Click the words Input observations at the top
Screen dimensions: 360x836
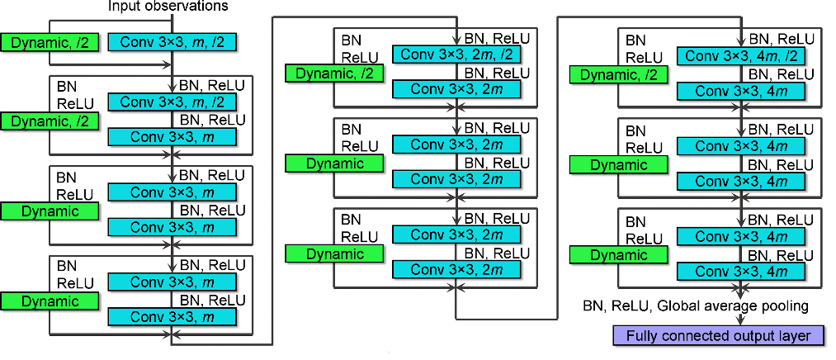(168, 7)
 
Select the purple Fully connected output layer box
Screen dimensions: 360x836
(718, 335)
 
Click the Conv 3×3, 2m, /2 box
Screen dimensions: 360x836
(456, 54)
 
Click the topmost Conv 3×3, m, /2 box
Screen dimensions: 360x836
(172, 41)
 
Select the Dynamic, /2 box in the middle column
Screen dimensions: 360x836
(335, 73)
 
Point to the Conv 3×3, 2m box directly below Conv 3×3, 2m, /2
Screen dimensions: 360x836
(456, 90)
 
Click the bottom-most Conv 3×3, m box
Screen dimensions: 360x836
(172, 317)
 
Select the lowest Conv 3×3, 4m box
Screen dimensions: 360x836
(740, 270)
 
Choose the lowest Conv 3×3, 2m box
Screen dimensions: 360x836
(456, 270)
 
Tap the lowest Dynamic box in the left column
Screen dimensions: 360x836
(50, 301)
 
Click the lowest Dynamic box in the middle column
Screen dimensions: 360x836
(335, 254)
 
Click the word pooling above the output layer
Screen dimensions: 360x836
(778, 307)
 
